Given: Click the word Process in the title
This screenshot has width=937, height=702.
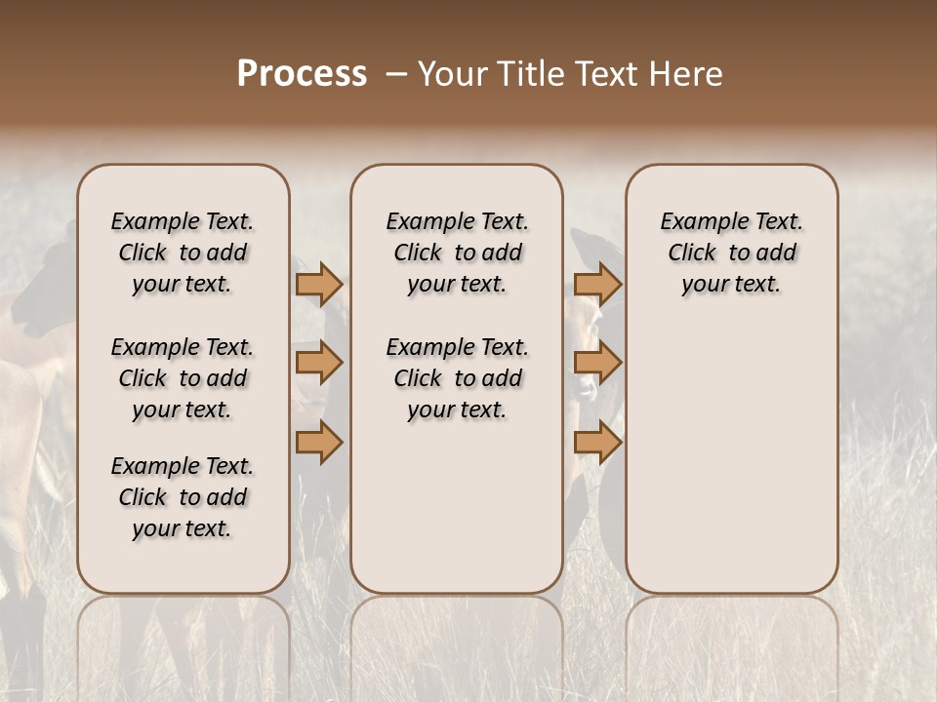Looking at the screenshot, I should coord(302,74).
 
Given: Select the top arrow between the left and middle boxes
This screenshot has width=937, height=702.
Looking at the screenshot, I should coord(319,284).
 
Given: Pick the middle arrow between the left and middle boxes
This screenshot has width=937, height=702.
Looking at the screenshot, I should coord(319,363).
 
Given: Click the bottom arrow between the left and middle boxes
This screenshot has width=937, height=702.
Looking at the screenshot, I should coord(319,443).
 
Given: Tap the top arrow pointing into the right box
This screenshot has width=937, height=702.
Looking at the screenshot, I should coord(597,284).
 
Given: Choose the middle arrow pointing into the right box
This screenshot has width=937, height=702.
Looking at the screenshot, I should coord(597,363).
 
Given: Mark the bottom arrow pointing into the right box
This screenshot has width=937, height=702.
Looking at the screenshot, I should coord(597,443).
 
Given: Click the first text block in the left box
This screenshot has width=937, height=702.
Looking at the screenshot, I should coord(183,253).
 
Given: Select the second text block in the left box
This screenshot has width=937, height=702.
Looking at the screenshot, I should coord(183,378).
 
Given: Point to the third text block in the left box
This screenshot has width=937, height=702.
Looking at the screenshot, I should coord(183,497).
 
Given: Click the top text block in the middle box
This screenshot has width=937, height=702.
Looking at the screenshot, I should coord(457,253).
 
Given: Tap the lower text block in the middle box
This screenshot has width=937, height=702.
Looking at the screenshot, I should coord(457,378).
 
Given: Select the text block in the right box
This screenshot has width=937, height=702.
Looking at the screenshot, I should coord(731,253).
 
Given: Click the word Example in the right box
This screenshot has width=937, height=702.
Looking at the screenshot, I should coord(701,222).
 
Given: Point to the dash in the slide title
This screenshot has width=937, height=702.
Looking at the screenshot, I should coord(395,74).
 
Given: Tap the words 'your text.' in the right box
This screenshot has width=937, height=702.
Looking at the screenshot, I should coord(731,285).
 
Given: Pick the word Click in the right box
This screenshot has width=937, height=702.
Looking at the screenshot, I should coord(692,253).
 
